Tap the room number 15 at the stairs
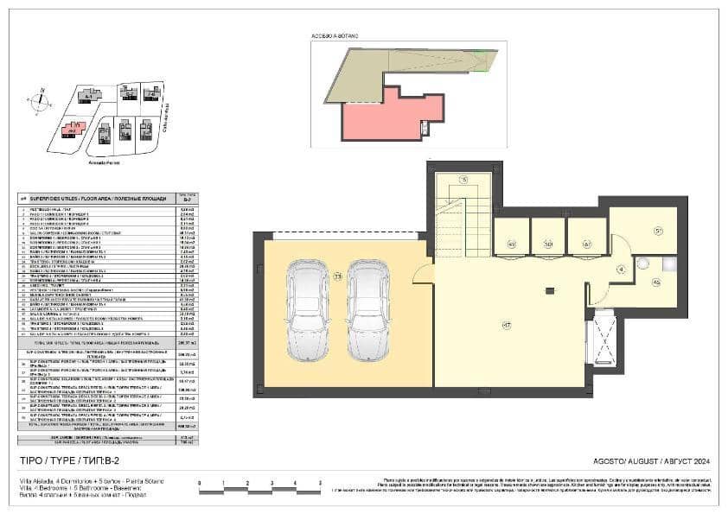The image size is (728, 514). point(463,180)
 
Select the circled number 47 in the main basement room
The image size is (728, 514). point(506,325)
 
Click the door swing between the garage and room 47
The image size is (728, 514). point(422,274)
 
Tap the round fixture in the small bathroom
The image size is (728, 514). point(646,264)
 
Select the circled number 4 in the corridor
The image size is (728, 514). point(620,270)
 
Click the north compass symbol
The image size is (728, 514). point(40,100)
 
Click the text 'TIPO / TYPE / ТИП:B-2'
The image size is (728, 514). point(73,462)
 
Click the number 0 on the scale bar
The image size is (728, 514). point(200,484)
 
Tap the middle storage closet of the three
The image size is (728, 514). point(548,237)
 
